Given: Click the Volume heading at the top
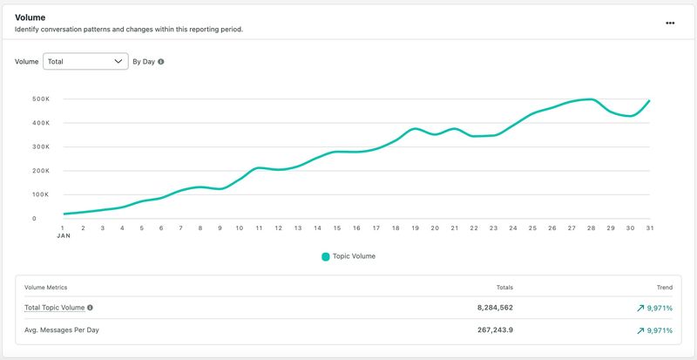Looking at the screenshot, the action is [x=30, y=17].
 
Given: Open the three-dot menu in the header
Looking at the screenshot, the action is [x=670, y=24].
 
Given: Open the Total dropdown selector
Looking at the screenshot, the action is [x=85, y=61].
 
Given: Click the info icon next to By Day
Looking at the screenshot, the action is [x=161, y=62].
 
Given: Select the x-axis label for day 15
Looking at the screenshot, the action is [x=337, y=228].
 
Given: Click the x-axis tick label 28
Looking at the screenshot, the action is [x=592, y=228].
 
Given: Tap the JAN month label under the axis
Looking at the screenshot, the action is [x=64, y=236].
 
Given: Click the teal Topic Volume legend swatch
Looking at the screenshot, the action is [x=326, y=257].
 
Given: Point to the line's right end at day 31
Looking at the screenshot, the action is [x=649, y=100].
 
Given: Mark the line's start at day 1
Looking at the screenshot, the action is [x=64, y=214].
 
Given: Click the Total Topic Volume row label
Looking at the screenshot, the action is [x=54, y=308].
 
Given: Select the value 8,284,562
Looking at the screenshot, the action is [x=495, y=308].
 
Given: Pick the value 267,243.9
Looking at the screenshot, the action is [x=494, y=330].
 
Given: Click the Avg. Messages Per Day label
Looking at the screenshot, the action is [x=62, y=330].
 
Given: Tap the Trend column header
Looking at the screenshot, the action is [x=665, y=288].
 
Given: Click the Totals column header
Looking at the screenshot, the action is [x=504, y=288].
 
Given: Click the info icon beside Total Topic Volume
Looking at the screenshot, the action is [x=91, y=308].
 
